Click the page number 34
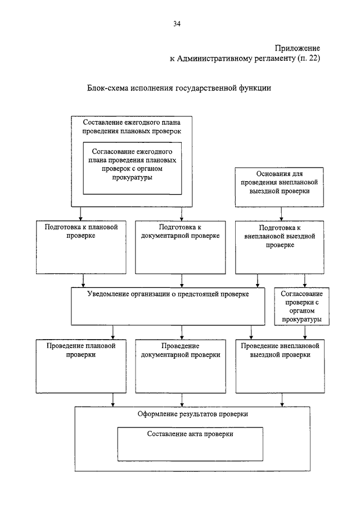(177, 24)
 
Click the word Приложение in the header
(298, 48)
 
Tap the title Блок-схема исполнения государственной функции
(179, 88)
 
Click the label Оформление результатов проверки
(193, 414)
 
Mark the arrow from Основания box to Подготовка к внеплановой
(281, 214)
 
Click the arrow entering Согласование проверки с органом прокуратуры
(304, 281)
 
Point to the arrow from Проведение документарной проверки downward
(182, 400)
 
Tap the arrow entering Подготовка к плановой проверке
(80, 214)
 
